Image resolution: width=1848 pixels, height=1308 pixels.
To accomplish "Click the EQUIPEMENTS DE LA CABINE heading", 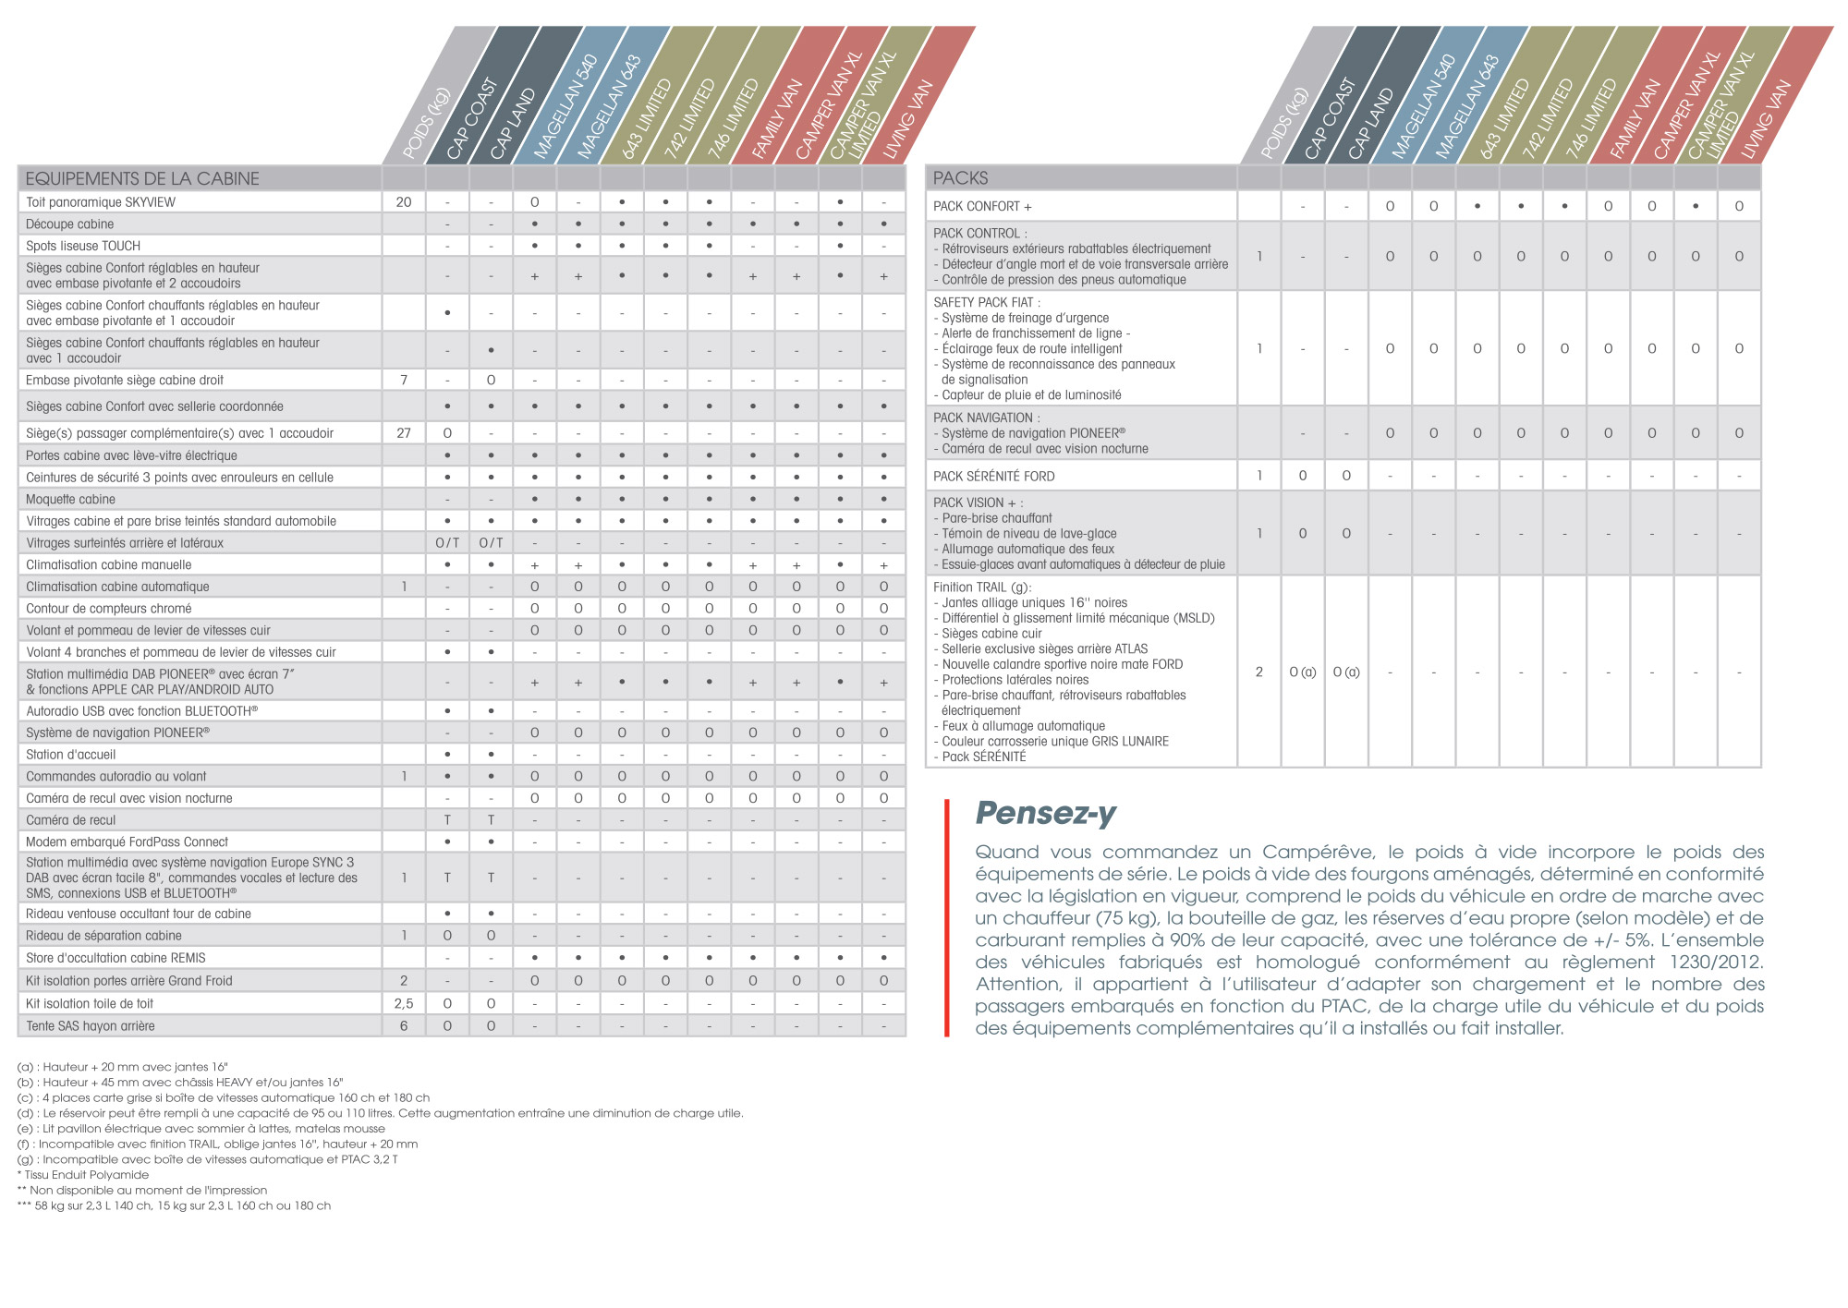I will [142, 178].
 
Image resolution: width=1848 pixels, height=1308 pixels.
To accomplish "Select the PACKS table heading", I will [960, 177].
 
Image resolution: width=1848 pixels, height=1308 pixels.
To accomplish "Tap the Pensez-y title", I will [1045, 813].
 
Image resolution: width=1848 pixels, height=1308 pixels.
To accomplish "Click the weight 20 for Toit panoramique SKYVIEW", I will [404, 201].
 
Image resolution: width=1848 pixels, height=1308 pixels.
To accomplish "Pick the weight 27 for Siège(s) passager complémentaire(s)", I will [404, 432].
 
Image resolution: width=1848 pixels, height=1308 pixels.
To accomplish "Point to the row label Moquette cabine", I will [71, 499].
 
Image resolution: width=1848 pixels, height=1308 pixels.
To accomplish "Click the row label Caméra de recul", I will [71, 819].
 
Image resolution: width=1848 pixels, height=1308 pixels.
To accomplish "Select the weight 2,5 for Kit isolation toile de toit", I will [404, 1003].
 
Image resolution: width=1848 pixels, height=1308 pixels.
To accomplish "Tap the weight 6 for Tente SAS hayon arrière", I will [404, 1025].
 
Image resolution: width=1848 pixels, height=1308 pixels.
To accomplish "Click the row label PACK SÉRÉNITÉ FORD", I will [993, 476].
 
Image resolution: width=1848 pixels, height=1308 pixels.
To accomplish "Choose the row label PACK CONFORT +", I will [982, 206].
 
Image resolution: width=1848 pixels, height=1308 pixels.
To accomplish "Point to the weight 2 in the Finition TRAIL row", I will [1258, 672].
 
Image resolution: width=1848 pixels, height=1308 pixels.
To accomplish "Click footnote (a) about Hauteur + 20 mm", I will [122, 1067].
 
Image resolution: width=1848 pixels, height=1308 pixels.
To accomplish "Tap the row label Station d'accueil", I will [71, 754].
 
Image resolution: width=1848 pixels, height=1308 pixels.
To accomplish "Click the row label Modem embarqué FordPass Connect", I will [127, 842].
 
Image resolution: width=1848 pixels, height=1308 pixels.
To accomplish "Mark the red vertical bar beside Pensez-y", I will [946, 917].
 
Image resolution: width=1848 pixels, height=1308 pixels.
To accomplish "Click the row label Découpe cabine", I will [70, 224].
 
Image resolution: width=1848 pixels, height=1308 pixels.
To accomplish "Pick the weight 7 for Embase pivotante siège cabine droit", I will [404, 380].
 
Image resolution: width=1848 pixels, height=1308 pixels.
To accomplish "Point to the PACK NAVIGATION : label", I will [986, 418].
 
